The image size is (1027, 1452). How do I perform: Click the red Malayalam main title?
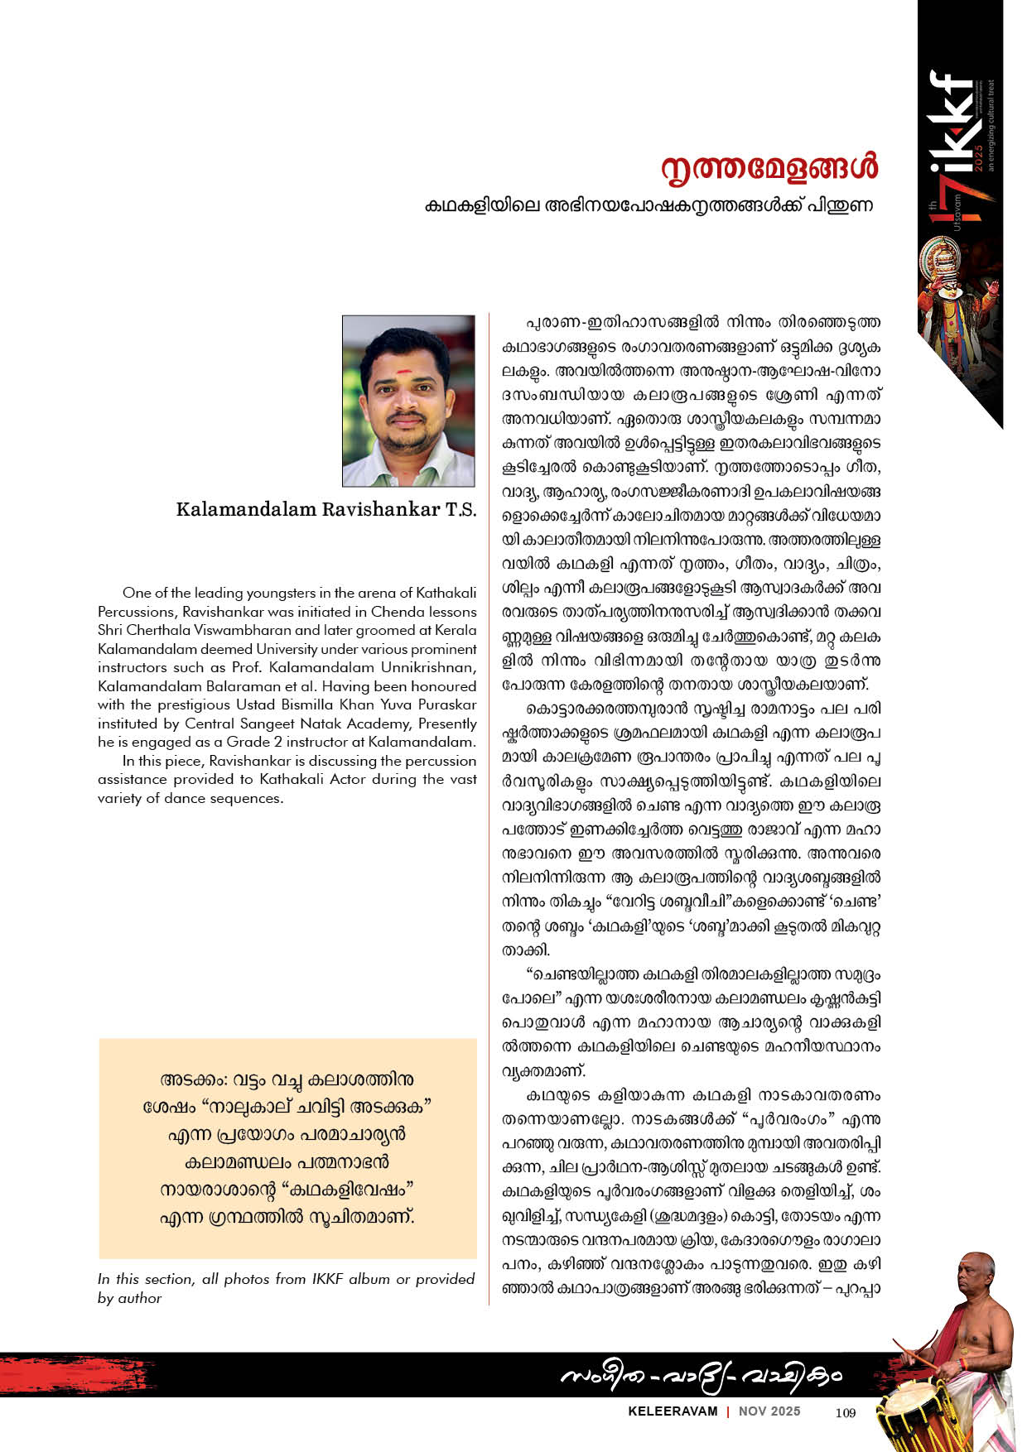click(769, 168)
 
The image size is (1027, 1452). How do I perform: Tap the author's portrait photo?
click(409, 401)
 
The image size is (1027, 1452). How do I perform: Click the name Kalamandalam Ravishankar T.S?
click(326, 509)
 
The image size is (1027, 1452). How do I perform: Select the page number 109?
click(845, 1412)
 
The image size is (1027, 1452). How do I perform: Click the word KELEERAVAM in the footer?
click(673, 1411)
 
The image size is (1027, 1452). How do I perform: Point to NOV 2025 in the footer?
click(769, 1411)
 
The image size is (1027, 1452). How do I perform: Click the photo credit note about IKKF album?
click(286, 1288)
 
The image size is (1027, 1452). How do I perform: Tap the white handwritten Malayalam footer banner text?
click(700, 1376)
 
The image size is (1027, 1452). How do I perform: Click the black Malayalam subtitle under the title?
click(649, 205)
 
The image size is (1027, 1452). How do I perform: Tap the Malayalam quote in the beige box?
click(287, 1148)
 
